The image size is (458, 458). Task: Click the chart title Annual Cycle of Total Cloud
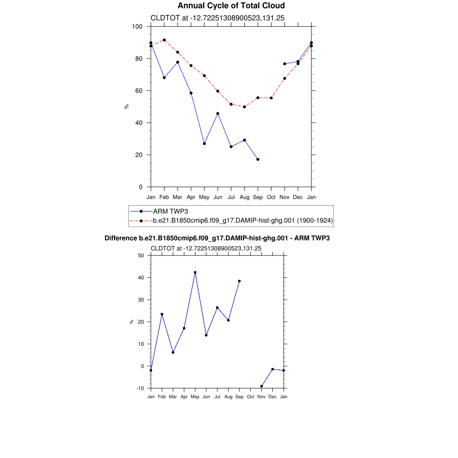click(x=231, y=6)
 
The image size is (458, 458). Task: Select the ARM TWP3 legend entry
click(x=169, y=211)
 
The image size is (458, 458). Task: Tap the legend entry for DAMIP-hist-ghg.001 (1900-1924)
click(x=243, y=221)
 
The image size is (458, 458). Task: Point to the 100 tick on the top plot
click(x=137, y=27)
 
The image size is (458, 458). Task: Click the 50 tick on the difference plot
click(x=141, y=256)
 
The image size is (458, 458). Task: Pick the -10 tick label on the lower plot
click(x=140, y=388)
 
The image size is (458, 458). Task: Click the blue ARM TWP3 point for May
click(x=204, y=144)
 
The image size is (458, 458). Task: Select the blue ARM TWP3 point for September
click(x=258, y=159)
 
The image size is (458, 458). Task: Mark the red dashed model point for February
click(x=164, y=40)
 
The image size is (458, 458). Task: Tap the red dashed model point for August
click(x=244, y=107)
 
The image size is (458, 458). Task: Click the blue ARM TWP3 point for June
click(x=218, y=114)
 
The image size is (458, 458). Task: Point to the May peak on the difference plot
click(x=195, y=272)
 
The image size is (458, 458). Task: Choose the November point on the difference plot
click(x=261, y=386)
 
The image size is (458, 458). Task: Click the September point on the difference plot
click(x=239, y=281)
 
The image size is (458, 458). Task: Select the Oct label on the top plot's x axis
click(x=271, y=197)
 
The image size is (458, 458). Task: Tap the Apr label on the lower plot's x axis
click(x=184, y=397)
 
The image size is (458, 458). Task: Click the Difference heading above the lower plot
click(x=217, y=238)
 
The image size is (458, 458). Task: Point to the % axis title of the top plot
click(x=127, y=106)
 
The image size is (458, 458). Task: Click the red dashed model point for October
click(x=271, y=98)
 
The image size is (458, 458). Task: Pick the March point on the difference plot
click(x=173, y=352)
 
